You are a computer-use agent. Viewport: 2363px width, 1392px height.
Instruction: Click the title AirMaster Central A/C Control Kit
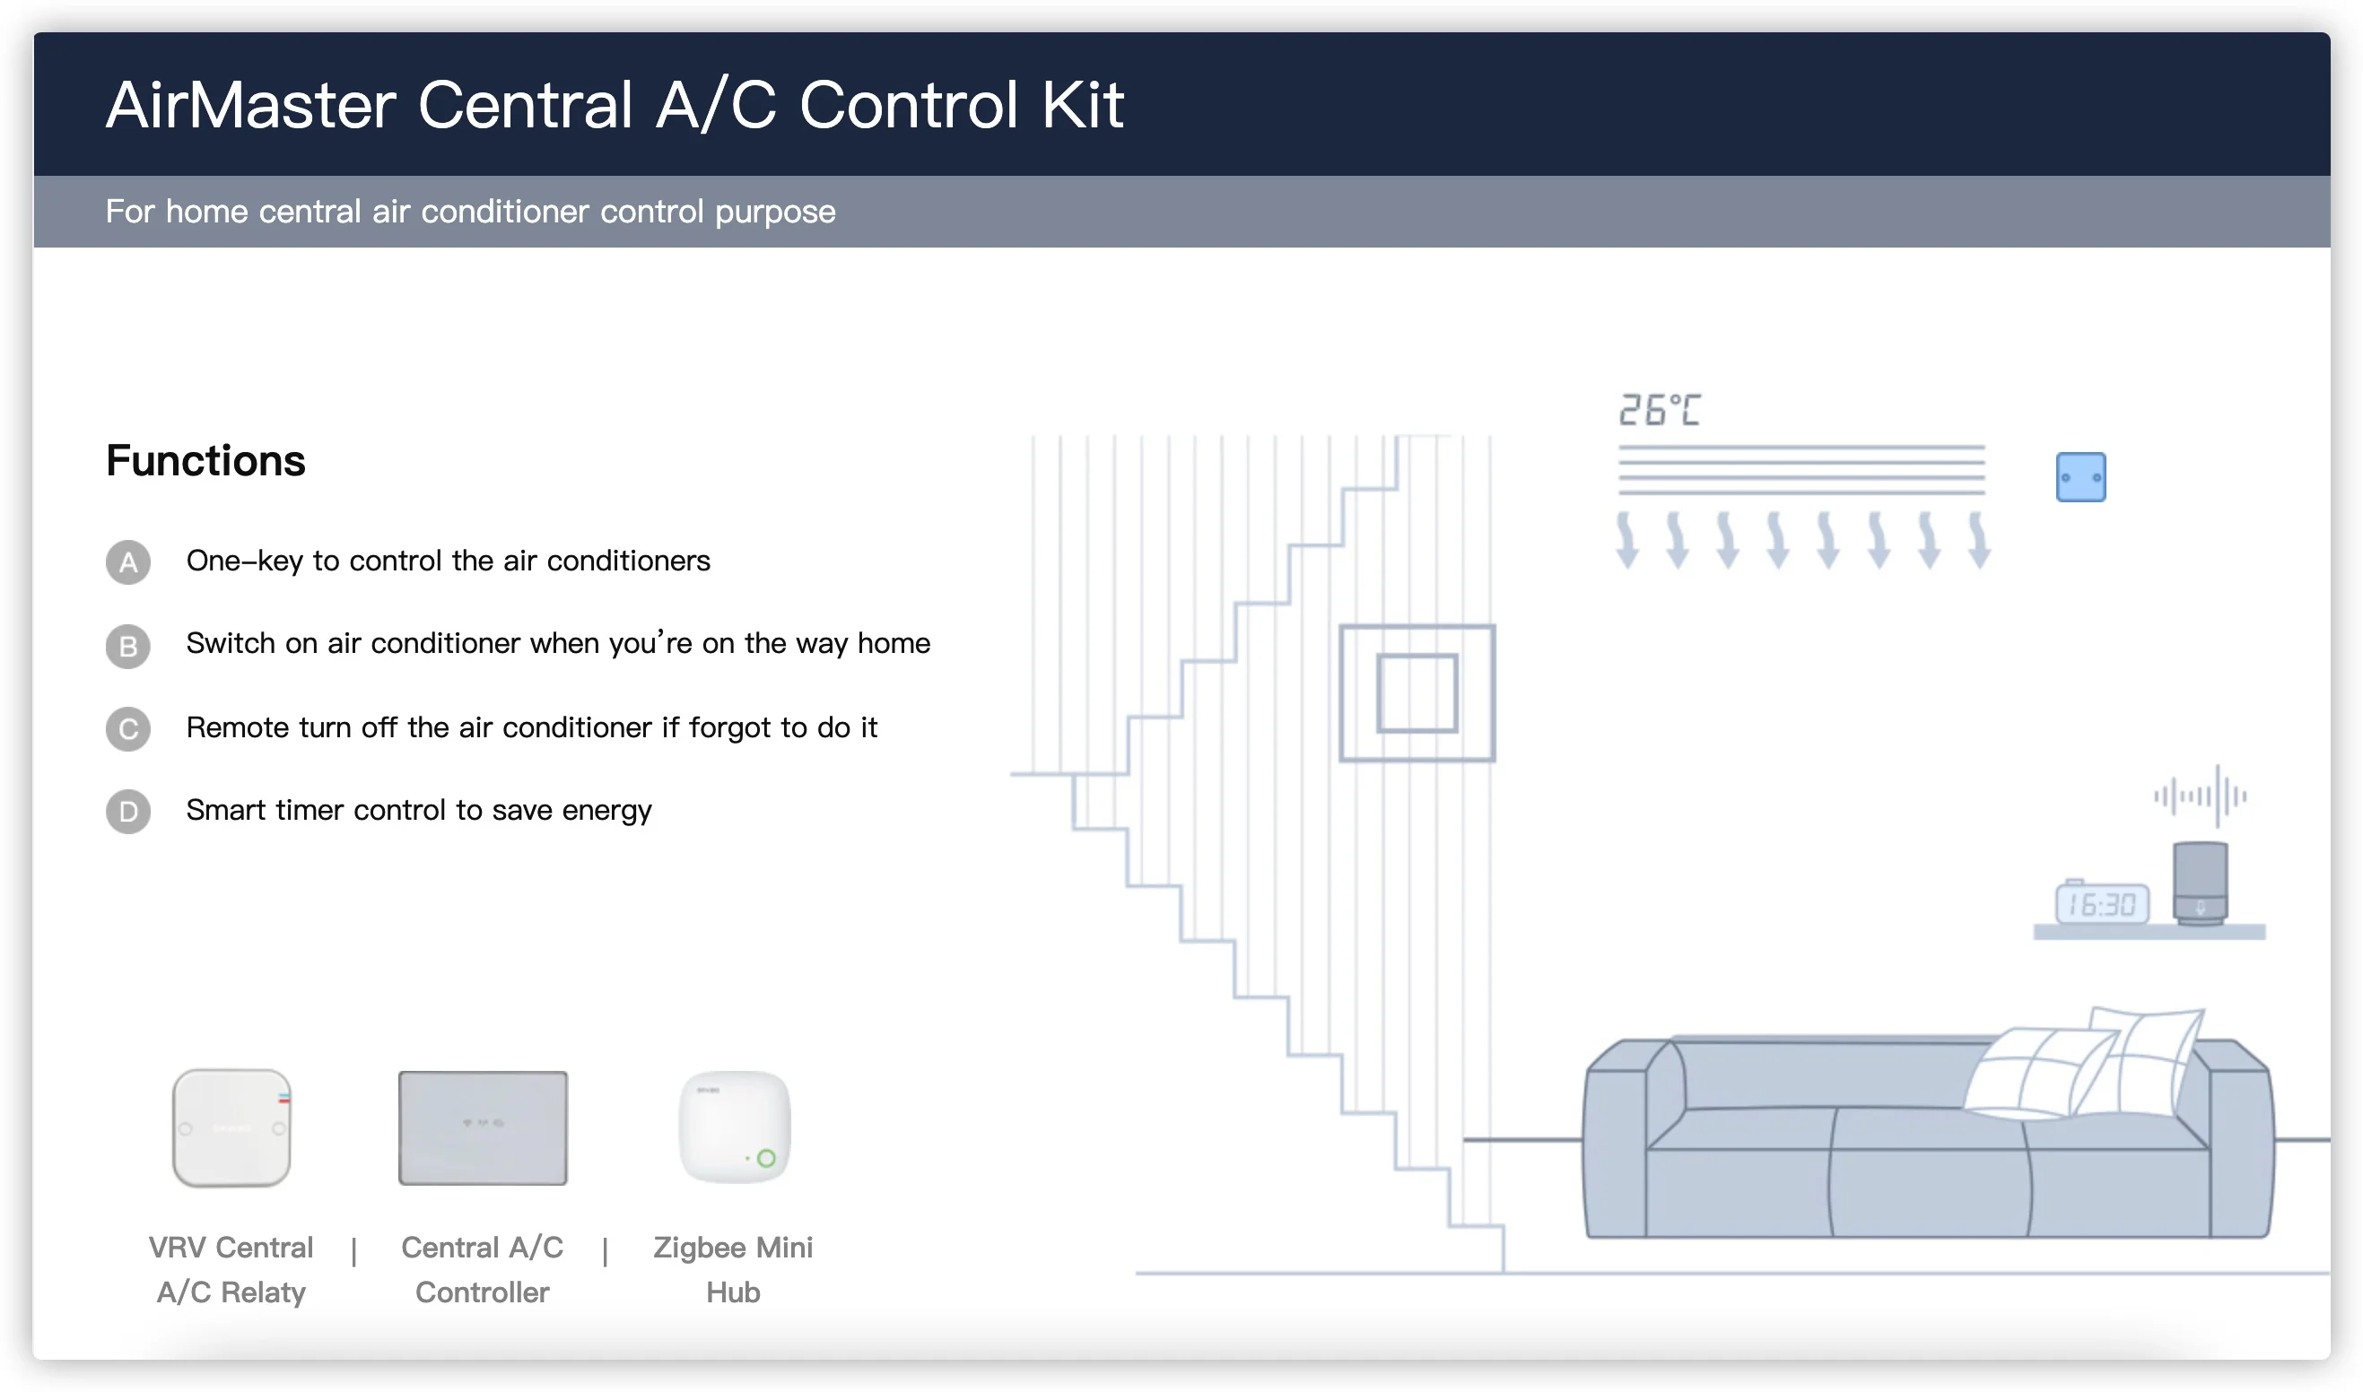click(615, 104)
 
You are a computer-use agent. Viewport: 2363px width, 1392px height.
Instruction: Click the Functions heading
click(205, 460)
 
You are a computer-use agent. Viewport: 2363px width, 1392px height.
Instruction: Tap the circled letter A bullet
click(128, 562)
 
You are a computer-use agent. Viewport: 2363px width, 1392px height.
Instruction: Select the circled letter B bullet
click(128, 647)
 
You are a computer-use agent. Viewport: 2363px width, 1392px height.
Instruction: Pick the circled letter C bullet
click(128, 729)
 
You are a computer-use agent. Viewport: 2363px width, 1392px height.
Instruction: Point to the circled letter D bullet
click(128, 812)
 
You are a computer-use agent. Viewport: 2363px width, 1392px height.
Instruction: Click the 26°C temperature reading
click(1659, 410)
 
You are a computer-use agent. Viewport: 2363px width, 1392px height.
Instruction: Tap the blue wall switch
click(2080, 477)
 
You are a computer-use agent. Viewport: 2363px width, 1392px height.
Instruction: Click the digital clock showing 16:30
click(2101, 904)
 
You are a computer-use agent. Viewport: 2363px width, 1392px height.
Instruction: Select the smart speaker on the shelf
click(2200, 882)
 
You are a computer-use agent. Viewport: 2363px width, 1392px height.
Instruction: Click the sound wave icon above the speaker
click(2200, 796)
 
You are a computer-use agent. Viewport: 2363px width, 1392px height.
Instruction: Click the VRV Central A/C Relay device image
click(231, 1127)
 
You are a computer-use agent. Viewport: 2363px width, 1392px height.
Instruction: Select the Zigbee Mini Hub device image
click(734, 1127)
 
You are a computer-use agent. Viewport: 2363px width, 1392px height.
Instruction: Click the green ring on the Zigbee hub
click(765, 1159)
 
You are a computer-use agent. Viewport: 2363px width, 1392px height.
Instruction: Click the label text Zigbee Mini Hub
click(733, 1269)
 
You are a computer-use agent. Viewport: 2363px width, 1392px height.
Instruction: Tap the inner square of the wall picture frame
click(1417, 693)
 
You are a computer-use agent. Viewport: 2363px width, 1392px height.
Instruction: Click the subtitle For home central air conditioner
click(470, 212)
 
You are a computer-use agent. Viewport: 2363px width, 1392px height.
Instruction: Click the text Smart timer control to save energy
click(418, 811)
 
